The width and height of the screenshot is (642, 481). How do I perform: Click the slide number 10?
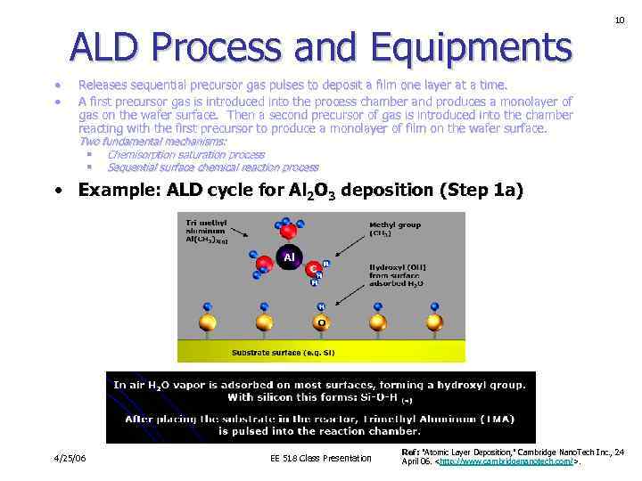(x=619, y=20)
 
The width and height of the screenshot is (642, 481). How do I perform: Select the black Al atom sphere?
(x=289, y=258)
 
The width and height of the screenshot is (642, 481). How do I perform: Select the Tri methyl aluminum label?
(x=208, y=231)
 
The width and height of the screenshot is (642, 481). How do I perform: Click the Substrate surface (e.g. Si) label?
(x=278, y=353)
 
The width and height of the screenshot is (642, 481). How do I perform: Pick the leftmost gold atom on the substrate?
(x=207, y=322)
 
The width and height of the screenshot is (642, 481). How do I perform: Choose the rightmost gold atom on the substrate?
(x=435, y=322)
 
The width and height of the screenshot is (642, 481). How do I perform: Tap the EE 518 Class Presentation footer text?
(x=320, y=459)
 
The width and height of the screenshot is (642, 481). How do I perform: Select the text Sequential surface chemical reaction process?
(x=212, y=167)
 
